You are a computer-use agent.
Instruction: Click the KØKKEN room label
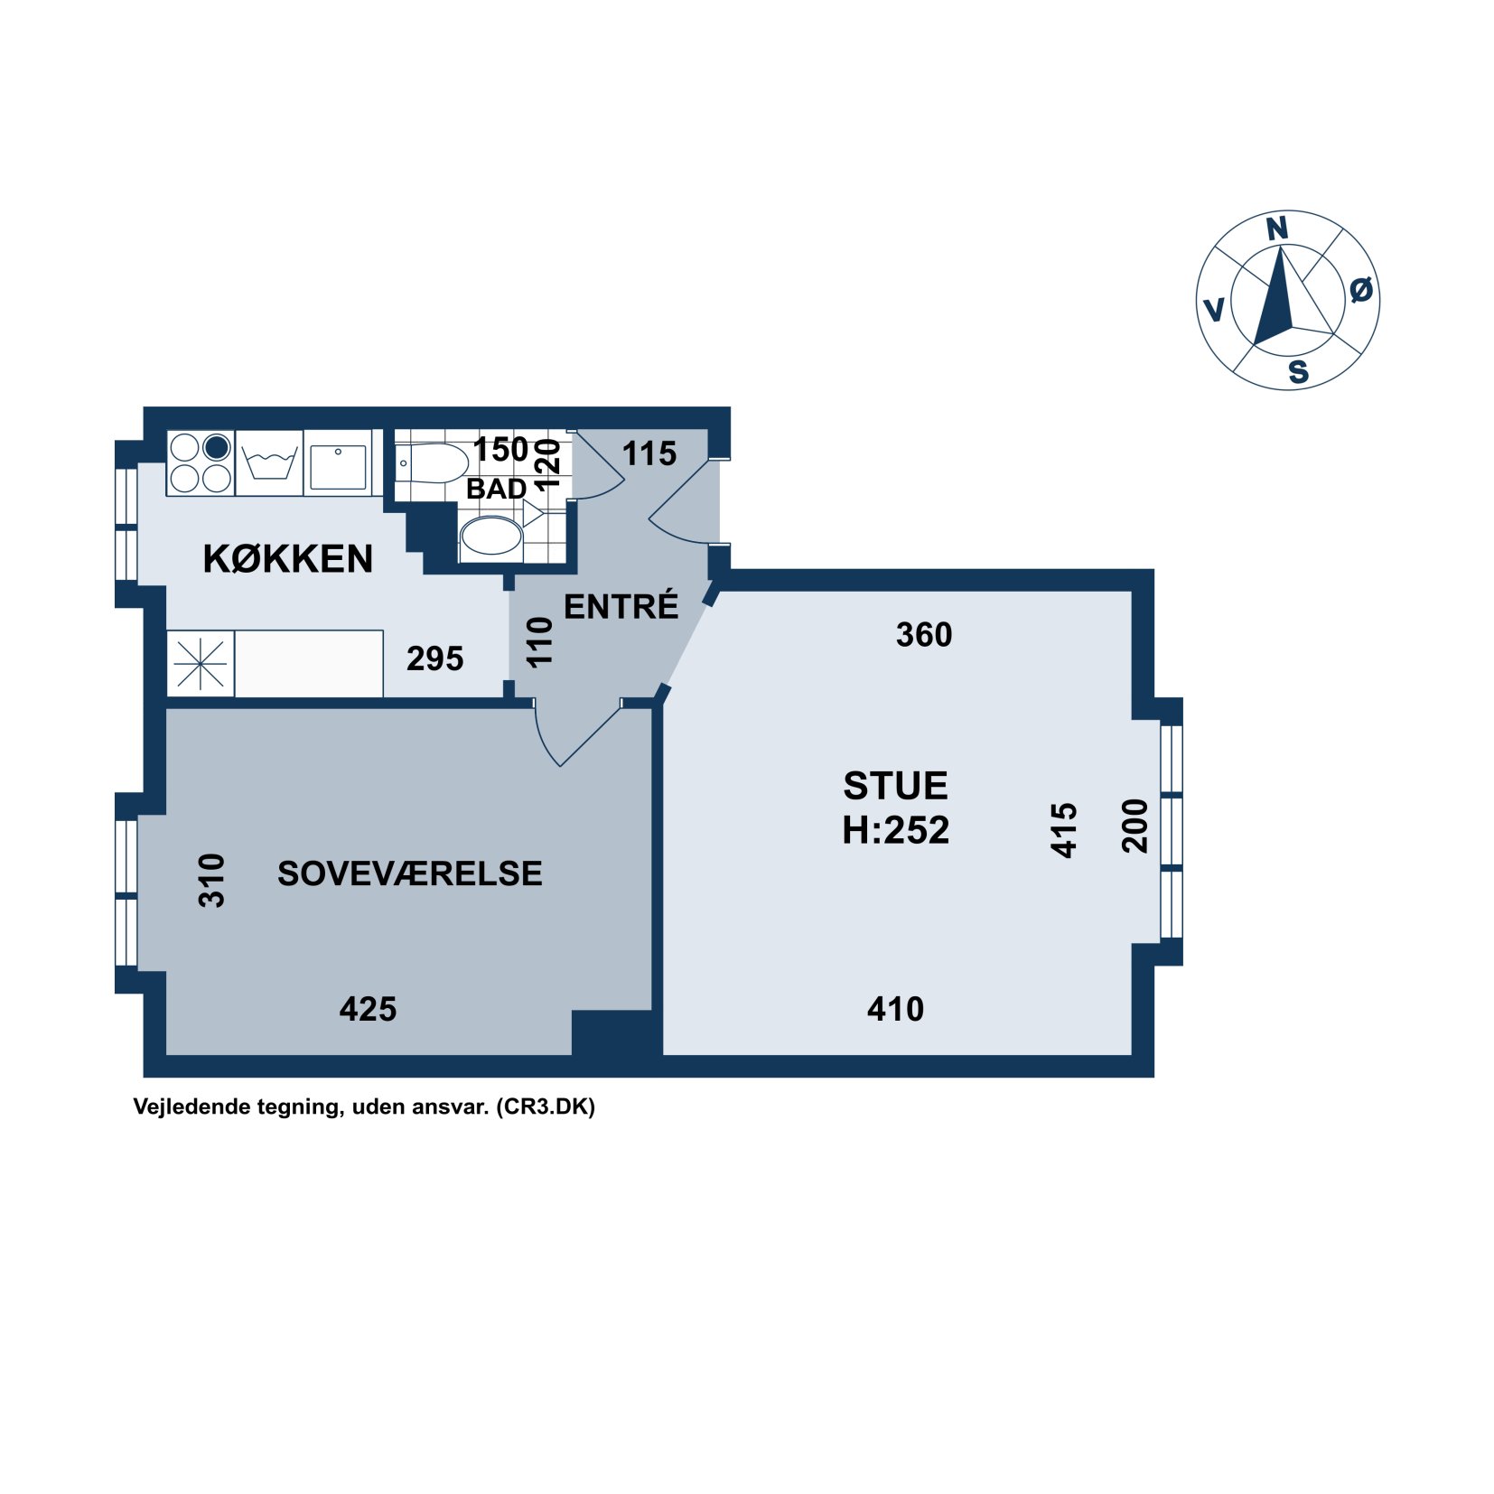click(x=287, y=559)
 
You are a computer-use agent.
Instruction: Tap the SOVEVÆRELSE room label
click(x=409, y=873)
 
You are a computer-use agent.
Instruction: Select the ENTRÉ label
click(x=621, y=605)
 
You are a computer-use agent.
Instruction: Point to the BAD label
click(x=496, y=489)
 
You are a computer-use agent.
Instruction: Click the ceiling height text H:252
click(x=895, y=830)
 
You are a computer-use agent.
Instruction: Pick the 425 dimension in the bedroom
click(x=368, y=1009)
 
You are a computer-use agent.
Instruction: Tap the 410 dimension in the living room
click(x=895, y=1009)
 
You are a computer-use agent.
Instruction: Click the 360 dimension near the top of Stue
click(x=924, y=635)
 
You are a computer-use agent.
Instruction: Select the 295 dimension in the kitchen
click(x=434, y=658)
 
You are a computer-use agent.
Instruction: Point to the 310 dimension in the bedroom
click(x=211, y=880)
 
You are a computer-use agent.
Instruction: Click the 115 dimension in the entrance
click(x=649, y=453)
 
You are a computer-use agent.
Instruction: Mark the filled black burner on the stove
click(x=217, y=447)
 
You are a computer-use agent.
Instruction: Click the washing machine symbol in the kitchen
click(x=269, y=462)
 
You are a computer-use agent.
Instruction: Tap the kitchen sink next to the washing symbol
click(x=338, y=462)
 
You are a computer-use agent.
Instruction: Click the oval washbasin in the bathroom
click(x=491, y=538)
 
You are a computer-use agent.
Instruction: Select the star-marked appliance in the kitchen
click(x=201, y=664)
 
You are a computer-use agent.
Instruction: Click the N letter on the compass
click(x=1276, y=229)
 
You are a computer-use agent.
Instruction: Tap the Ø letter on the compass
click(x=1361, y=290)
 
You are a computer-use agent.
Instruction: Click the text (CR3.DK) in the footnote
click(x=546, y=1106)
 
